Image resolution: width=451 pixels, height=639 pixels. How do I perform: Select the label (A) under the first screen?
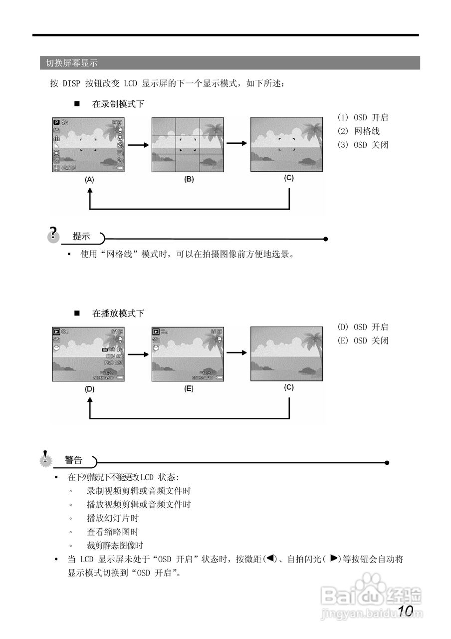click(89, 179)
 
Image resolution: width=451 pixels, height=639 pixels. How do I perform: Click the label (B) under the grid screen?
click(189, 179)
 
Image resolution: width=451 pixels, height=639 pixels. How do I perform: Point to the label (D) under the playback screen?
click(89, 388)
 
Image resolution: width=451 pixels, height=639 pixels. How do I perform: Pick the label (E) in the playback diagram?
click(189, 388)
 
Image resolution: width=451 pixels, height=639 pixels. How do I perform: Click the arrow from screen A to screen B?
click(138, 145)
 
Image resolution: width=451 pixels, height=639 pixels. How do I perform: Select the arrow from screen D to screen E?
click(138, 354)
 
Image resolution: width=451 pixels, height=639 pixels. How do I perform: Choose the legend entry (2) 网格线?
click(359, 131)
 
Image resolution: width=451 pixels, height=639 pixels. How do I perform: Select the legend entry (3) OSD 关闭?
click(363, 145)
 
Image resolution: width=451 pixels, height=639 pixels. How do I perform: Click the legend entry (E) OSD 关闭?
click(363, 340)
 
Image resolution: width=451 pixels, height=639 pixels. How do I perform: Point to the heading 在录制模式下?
click(118, 104)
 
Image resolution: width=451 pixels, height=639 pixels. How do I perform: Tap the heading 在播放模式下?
click(118, 314)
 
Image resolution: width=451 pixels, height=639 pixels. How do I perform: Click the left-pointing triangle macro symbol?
click(270, 559)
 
